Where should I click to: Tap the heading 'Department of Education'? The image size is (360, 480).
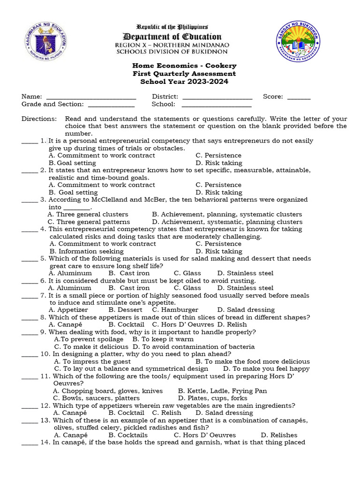pos(172,37)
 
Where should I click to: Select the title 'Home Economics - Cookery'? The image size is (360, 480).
pos(184,66)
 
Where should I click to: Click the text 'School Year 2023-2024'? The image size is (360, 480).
pos(184,82)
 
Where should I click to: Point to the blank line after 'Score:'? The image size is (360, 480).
pos(299,97)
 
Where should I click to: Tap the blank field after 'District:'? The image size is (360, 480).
pos(217,97)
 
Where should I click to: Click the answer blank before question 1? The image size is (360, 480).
pos(30,141)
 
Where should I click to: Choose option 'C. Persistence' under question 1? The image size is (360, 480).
pos(218,156)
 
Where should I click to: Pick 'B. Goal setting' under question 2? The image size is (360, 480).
pos(73,192)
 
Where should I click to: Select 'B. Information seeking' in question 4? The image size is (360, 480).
pos(80,251)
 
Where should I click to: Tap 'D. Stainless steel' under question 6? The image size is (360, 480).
pos(245,288)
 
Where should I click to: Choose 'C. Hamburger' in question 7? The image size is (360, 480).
pos(175,310)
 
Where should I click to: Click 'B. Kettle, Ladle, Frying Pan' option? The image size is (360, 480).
pos(223,391)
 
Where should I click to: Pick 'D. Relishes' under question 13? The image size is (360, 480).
pos(279,435)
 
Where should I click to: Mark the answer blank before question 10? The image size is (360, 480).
pos(30,354)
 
